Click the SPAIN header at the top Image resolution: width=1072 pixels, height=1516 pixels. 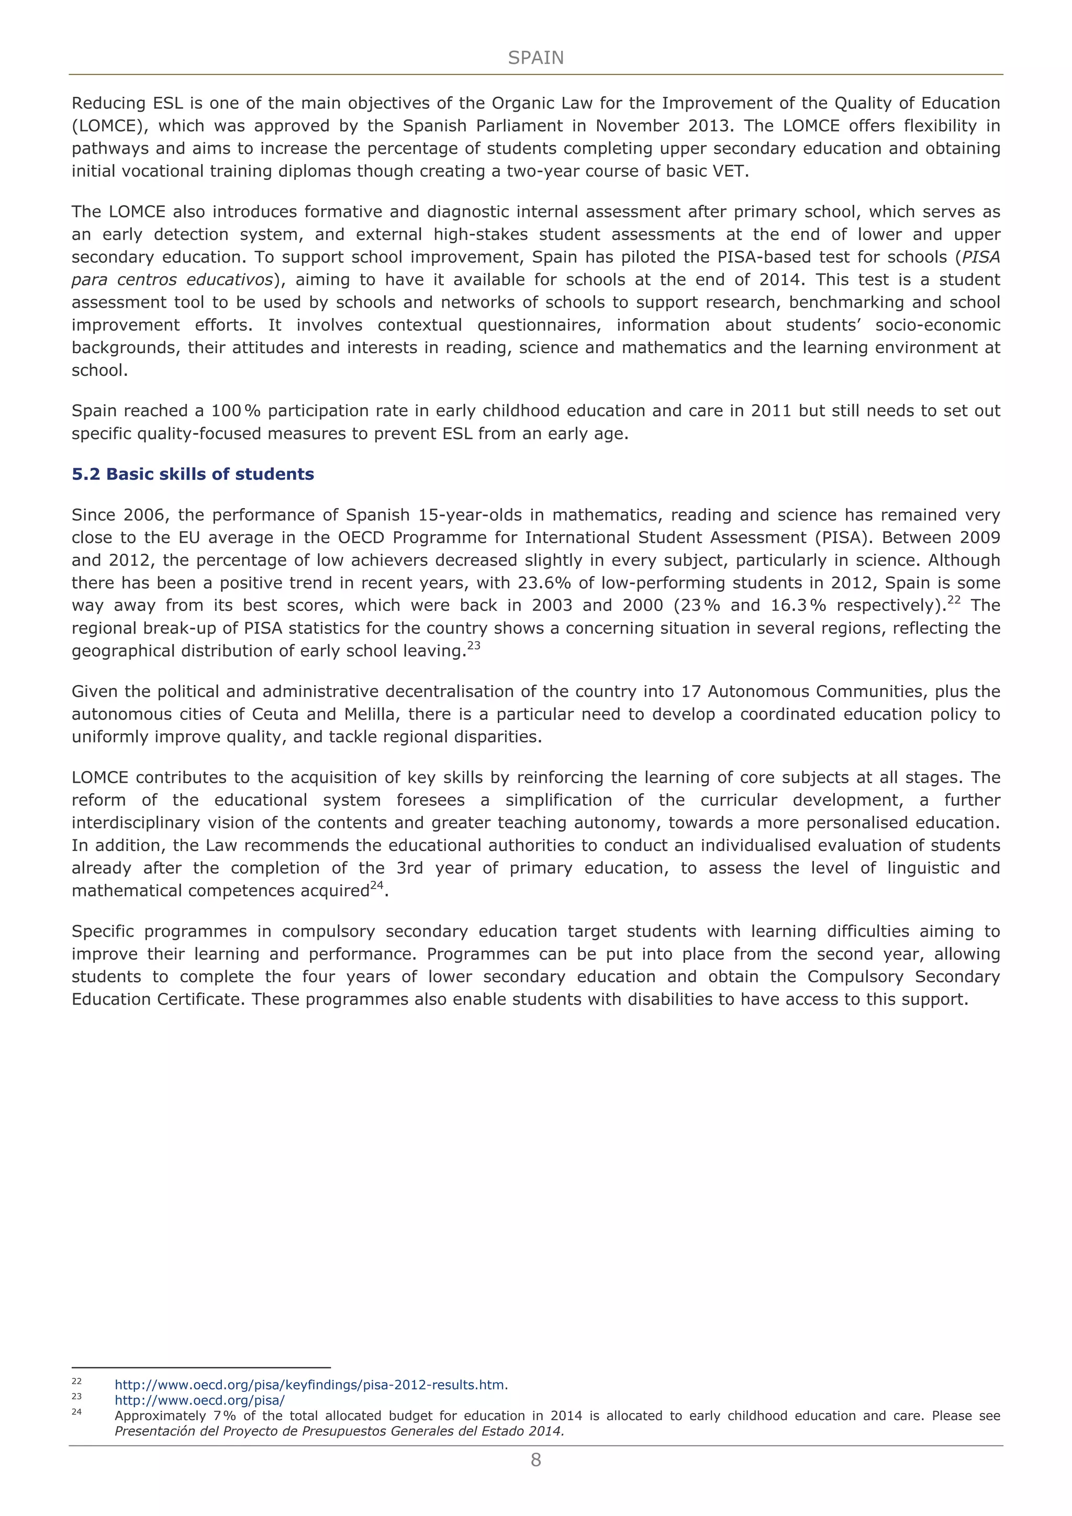pyautogui.click(x=535, y=58)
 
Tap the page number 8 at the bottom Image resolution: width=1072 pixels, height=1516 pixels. pyautogui.click(x=535, y=1460)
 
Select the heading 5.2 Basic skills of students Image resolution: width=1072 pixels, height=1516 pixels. pyautogui.click(x=193, y=474)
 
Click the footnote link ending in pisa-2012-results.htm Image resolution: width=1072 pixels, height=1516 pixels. pyautogui.click(x=311, y=1385)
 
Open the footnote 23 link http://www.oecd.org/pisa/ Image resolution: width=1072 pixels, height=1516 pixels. pyautogui.click(x=199, y=1400)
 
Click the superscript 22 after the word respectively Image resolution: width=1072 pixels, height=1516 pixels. pyautogui.click(x=954, y=600)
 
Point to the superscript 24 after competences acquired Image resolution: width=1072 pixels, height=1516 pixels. pyautogui.click(x=376, y=885)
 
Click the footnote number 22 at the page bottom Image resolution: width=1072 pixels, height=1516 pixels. pyautogui.click(x=76, y=1382)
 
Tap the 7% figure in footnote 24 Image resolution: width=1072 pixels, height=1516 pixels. pyautogui.click(x=225, y=1416)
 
